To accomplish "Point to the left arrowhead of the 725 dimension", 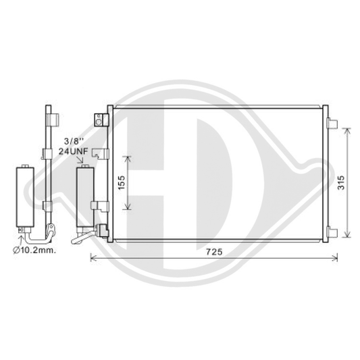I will [x=93, y=257].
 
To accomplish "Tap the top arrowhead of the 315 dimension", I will [x=346, y=129].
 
